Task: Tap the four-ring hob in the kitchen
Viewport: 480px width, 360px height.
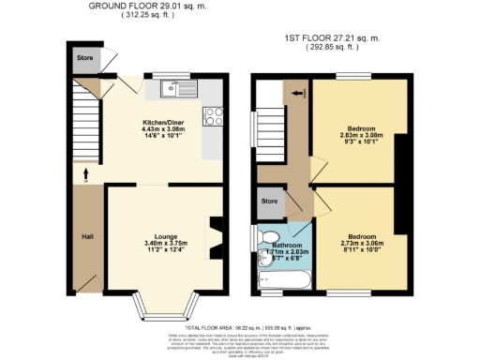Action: [213, 117]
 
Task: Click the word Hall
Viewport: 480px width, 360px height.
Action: [87, 235]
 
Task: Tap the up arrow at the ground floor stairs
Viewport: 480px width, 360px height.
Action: [85, 172]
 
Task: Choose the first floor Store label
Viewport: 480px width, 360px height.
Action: [270, 201]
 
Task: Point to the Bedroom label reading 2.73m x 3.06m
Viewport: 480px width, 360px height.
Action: [358, 236]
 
